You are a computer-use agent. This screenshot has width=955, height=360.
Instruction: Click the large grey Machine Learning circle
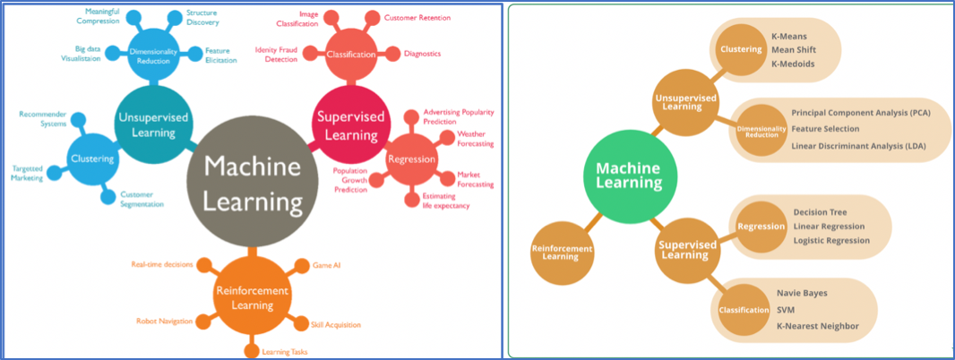click(x=253, y=184)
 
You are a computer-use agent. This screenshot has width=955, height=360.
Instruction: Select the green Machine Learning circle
click(x=629, y=175)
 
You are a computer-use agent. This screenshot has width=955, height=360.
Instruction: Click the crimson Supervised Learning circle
click(x=350, y=124)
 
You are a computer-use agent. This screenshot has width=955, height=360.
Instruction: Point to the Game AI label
click(x=323, y=266)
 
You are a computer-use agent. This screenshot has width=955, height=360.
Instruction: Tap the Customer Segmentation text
click(x=142, y=199)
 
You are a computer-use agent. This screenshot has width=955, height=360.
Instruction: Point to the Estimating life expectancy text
click(x=445, y=201)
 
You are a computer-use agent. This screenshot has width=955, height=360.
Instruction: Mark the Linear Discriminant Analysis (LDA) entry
click(x=858, y=146)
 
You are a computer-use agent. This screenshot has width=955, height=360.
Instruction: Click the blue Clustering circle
click(x=93, y=159)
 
